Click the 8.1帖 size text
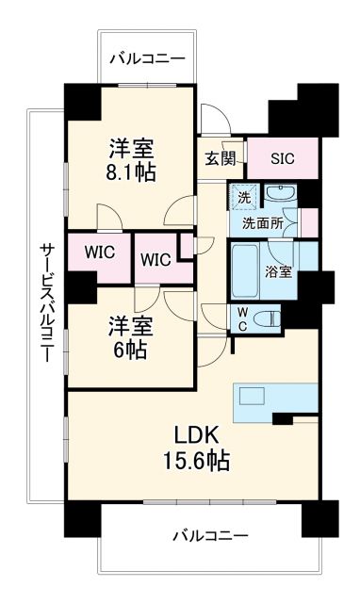click(x=131, y=172)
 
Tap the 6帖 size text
click(x=131, y=348)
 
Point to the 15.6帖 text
click(x=196, y=462)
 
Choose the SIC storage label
click(x=282, y=158)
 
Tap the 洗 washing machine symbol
click(x=243, y=199)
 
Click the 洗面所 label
click(x=261, y=224)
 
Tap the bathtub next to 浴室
click(x=247, y=269)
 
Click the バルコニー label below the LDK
click(x=209, y=535)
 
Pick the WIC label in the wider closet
click(x=99, y=253)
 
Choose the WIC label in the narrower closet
click(x=155, y=259)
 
